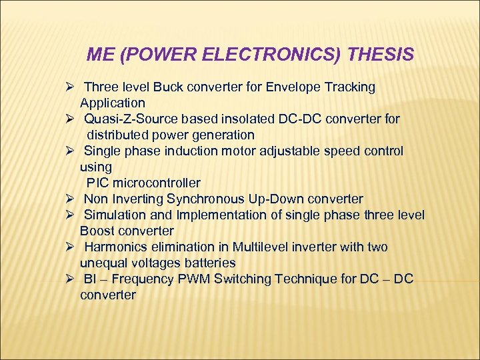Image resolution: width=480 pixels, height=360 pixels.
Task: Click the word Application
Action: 112,103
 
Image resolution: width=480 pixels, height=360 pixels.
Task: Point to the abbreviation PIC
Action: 98,183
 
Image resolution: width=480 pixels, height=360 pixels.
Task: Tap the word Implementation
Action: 217,215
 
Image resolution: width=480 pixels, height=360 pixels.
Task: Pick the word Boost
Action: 97,231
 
